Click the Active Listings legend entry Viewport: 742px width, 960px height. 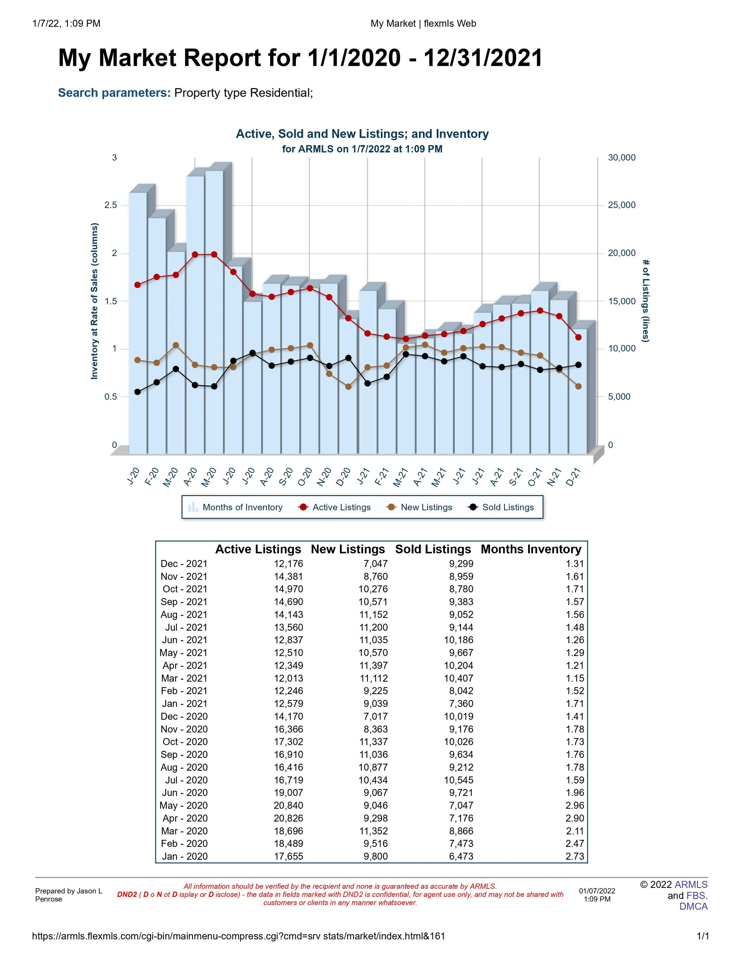pyautogui.click(x=335, y=507)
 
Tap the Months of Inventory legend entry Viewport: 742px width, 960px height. pyautogui.click(x=236, y=507)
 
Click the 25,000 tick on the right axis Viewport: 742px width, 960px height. pyautogui.click(x=621, y=205)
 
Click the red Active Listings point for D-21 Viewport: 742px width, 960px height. pyautogui.click(x=578, y=337)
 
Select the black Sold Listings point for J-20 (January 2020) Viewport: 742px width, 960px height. pyautogui.click(x=138, y=392)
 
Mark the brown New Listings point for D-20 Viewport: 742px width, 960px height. pyautogui.click(x=348, y=387)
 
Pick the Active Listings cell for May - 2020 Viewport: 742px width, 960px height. pyautogui.click(x=288, y=805)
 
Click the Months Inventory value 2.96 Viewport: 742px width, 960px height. pyautogui.click(x=575, y=805)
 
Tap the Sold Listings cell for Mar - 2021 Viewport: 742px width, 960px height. pyautogui.click(x=459, y=678)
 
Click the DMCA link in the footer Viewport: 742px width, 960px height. pyautogui.click(x=693, y=906)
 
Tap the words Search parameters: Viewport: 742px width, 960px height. pyautogui.click(x=114, y=93)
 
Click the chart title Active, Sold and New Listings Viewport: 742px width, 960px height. pyautogui.click(x=362, y=134)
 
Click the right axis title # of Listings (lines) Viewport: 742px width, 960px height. pyautogui.click(x=645, y=301)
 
